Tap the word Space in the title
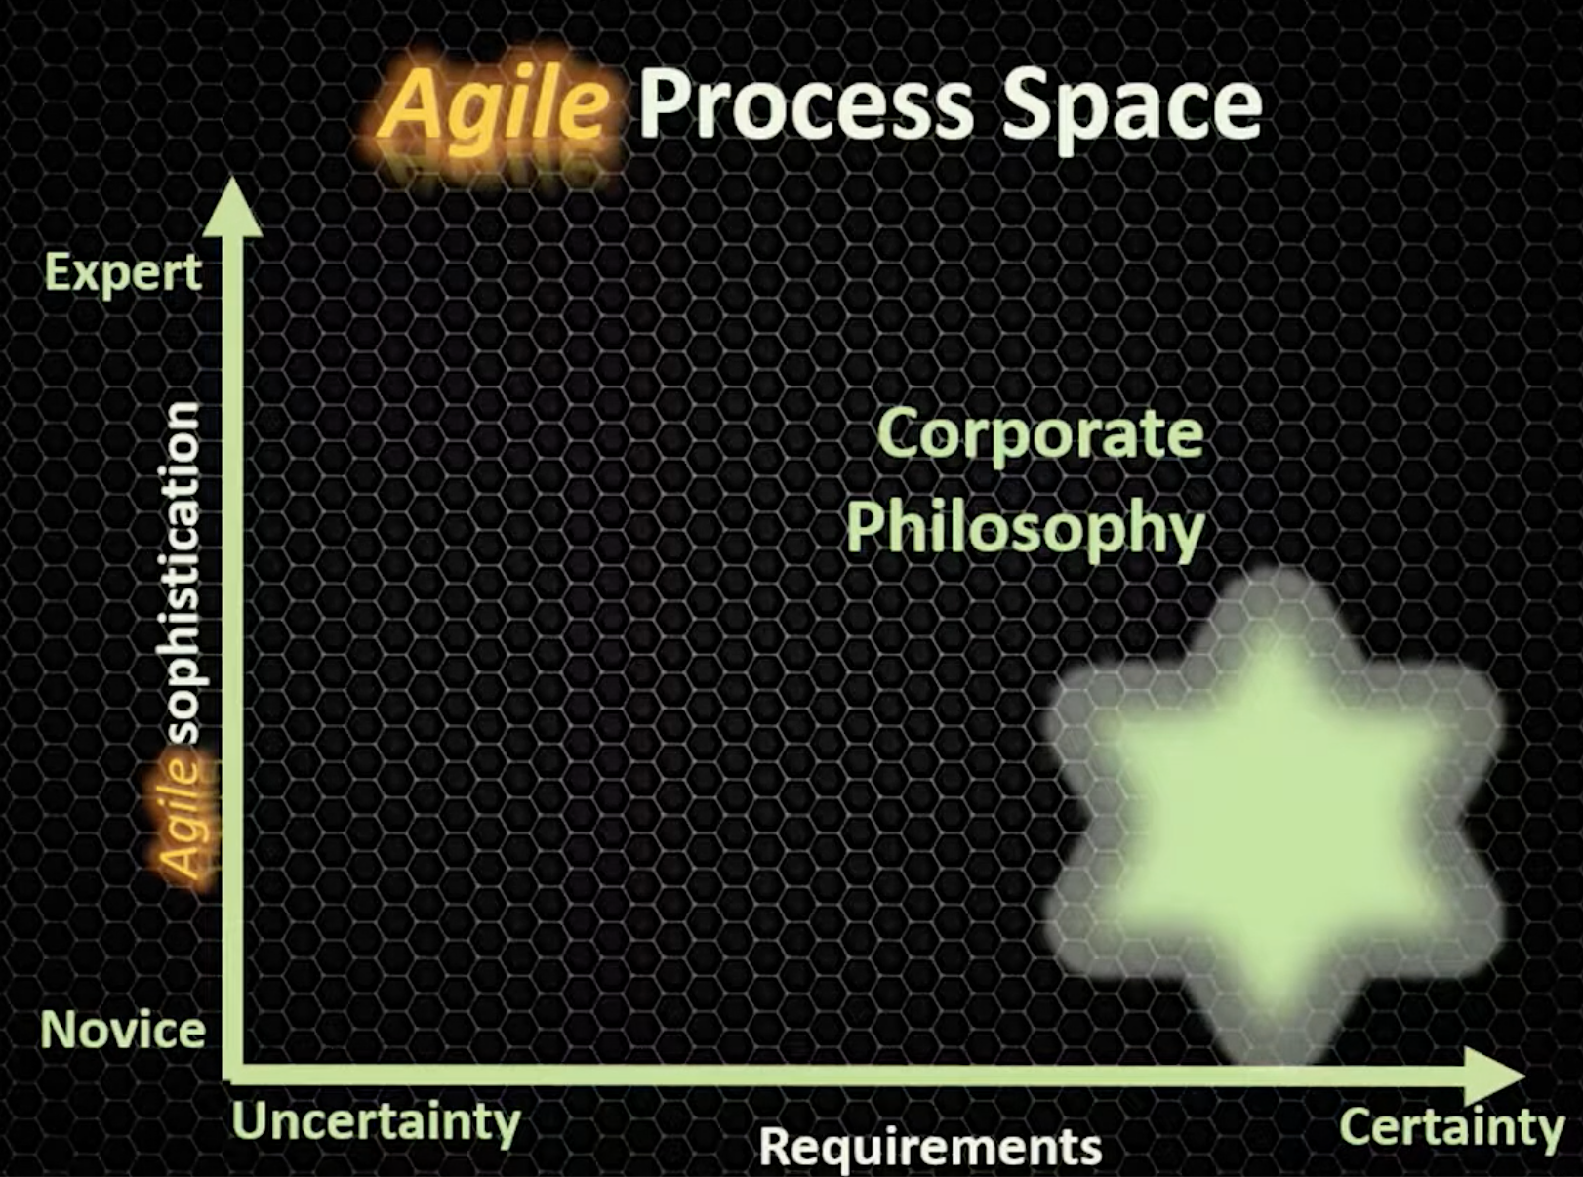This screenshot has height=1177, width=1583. [1132, 110]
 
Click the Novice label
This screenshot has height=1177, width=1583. [123, 1032]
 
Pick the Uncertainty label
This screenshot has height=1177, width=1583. [376, 1122]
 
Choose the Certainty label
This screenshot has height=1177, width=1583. [1451, 1128]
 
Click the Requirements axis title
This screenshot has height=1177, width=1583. [930, 1148]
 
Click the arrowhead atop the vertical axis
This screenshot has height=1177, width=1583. [232, 207]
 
